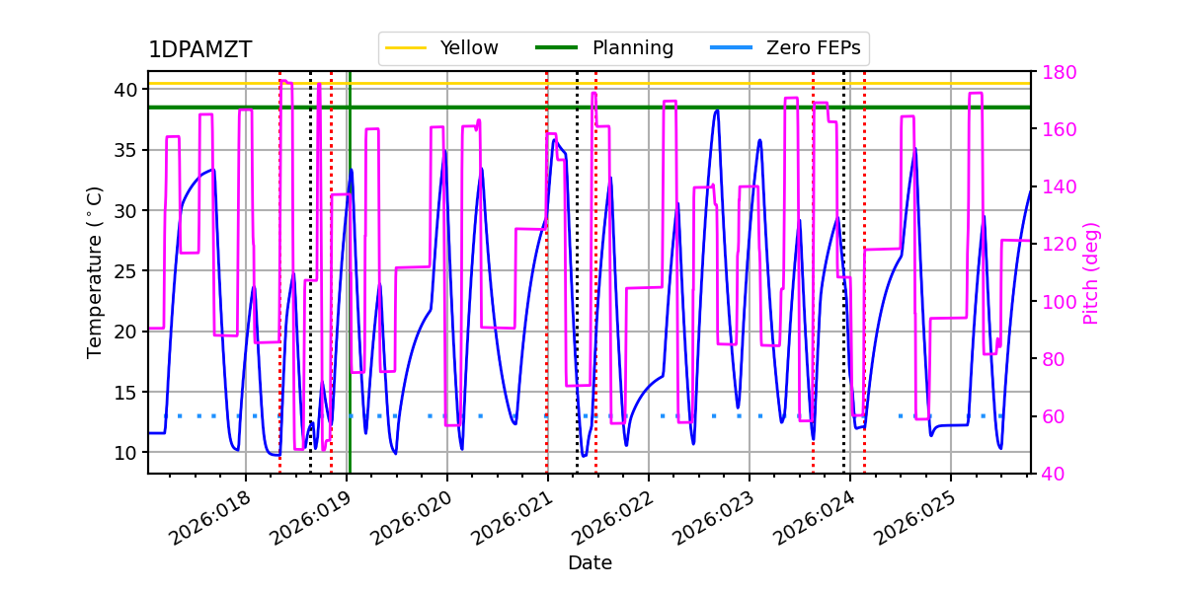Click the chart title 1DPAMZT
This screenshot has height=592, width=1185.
click(199, 50)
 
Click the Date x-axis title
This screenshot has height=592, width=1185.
click(590, 563)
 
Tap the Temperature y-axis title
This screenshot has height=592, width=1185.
click(95, 271)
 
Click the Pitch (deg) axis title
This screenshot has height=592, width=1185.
click(1091, 272)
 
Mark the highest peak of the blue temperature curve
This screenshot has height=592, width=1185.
click(717, 111)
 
